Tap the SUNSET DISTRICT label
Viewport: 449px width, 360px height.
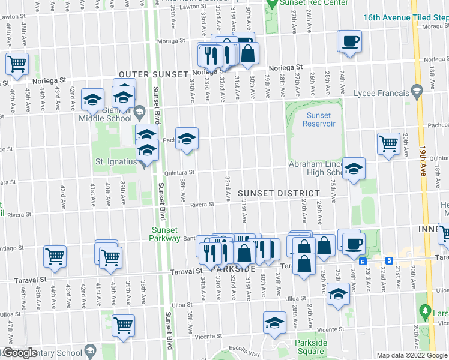279,193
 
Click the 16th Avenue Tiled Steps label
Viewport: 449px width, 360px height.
406,17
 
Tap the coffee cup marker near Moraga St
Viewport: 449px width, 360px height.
351,41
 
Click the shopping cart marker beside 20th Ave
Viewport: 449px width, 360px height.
389,143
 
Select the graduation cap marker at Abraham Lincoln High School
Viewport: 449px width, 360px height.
354,167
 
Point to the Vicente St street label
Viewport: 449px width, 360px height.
315,329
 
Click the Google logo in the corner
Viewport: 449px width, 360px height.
20,353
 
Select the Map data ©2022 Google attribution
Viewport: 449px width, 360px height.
411,355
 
